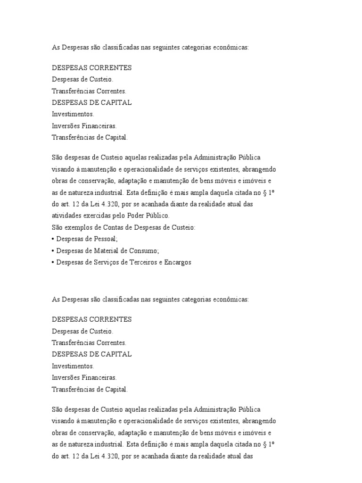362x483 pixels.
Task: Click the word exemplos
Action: click(77, 228)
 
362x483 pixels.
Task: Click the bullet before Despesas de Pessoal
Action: click(53, 239)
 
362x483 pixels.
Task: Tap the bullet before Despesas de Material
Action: click(53, 250)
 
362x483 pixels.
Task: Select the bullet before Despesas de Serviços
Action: click(53, 262)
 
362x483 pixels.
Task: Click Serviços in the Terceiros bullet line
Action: click(105, 262)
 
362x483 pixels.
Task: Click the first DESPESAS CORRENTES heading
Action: click(91, 67)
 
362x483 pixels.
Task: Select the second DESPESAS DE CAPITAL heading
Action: click(91, 354)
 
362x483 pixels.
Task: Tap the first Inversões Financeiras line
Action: click(84, 126)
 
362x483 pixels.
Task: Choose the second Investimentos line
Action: click(73, 366)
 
